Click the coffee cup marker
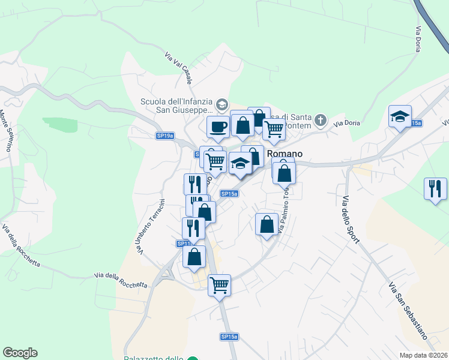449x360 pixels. coord(217,127)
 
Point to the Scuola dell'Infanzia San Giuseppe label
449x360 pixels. coord(176,106)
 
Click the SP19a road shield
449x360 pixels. coord(164,136)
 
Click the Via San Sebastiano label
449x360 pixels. coord(407,308)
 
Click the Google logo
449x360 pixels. coord(20,353)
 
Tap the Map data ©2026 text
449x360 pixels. coord(424,355)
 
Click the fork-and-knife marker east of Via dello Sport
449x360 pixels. coord(435,188)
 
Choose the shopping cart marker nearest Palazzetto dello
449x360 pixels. coord(219,284)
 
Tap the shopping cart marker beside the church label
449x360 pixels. coord(274,128)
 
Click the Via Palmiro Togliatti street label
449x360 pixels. coord(283,213)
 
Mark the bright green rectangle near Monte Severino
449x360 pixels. coord(60,125)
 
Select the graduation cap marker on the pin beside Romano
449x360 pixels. coord(240,163)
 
